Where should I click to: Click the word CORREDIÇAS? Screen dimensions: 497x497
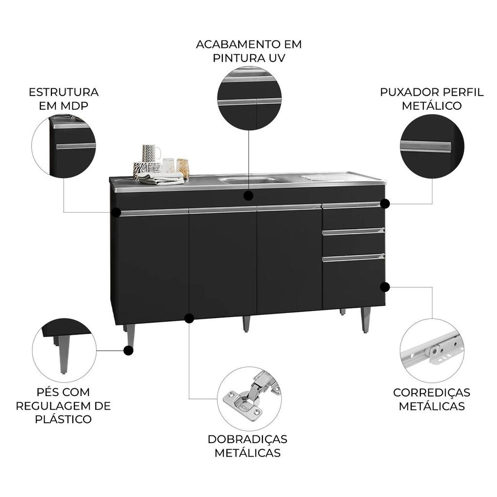pos(431,392)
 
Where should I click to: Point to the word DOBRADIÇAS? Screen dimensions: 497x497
pos(248,439)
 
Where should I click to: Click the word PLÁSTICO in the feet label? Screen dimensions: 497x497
pos(64,419)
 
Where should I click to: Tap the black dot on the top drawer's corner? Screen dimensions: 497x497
pos(385,204)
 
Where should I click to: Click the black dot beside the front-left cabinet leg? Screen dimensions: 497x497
pos(128,350)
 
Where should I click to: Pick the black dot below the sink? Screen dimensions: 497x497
pos(248,196)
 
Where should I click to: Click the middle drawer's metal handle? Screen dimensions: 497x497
pos(353,232)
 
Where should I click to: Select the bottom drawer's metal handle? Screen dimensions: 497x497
pos(353,258)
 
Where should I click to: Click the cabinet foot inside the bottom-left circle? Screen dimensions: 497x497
pos(64,354)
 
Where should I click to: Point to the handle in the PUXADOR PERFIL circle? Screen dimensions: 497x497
pos(425,147)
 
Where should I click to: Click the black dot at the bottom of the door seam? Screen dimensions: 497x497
pos(189,318)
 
